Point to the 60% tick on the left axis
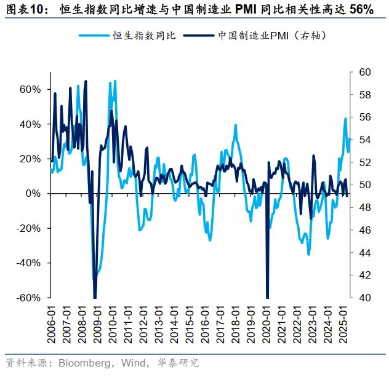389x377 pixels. [x=30, y=89]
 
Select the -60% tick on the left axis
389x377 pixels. [x=29, y=298]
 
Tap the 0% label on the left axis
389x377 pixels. [x=34, y=193]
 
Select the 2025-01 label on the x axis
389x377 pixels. [x=345, y=318]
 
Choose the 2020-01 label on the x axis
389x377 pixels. [x=268, y=318]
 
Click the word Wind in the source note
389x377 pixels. [x=136, y=363]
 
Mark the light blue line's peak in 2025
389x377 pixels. [x=345, y=118]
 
